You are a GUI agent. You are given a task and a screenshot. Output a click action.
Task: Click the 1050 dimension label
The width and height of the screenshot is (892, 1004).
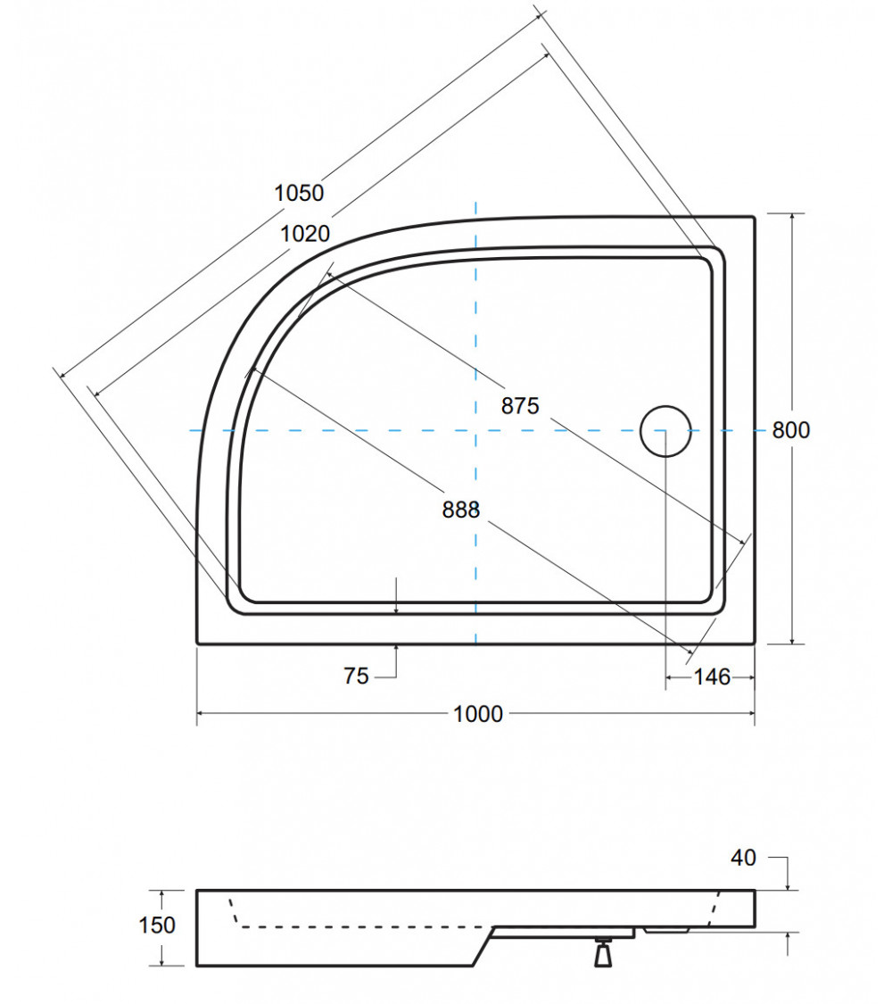[x=299, y=192]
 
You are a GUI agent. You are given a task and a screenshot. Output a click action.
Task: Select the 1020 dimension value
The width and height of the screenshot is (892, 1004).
[x=305, y=234]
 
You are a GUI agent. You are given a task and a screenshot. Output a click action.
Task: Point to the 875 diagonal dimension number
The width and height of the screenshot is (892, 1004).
[x=520, y=406]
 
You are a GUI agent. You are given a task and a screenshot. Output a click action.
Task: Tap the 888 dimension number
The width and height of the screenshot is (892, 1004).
[x=461, y=510]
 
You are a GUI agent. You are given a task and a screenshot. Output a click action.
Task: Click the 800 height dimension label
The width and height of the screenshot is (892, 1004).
[x=791, y=430]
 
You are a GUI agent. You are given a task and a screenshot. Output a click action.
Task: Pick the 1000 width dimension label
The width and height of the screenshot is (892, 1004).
[x=478, y=714]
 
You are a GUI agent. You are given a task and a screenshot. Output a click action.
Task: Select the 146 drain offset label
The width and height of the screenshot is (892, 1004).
[x=713, y=677]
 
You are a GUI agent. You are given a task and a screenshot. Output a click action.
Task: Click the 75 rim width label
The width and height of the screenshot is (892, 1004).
[x=356, y=676]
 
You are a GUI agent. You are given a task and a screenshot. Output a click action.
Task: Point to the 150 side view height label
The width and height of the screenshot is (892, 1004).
[x=157, y=925]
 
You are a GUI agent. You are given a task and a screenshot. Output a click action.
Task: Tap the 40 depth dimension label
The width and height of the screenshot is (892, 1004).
[x=743, y=858]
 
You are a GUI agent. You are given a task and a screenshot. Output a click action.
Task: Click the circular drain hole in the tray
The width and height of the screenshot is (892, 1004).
[x=665, y=430]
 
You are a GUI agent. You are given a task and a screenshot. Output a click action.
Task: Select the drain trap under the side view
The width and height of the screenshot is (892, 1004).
[x=604, y=952]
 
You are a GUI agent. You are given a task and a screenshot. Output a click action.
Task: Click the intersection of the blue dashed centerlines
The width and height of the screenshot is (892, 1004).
[x=475, y=430]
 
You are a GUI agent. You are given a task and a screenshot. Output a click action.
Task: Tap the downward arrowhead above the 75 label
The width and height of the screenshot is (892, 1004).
[x=396, y=609]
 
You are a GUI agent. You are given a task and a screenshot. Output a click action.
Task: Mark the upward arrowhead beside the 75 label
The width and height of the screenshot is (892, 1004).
[x=396, y=649]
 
